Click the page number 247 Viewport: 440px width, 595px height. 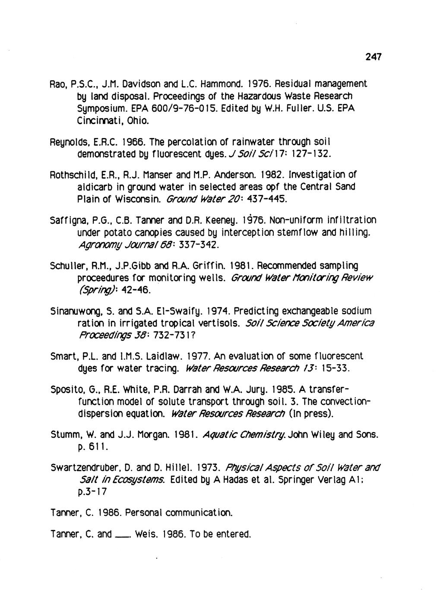point(374,56)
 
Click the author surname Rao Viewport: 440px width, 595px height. point(59,83)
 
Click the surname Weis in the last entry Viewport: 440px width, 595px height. point(144,535)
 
